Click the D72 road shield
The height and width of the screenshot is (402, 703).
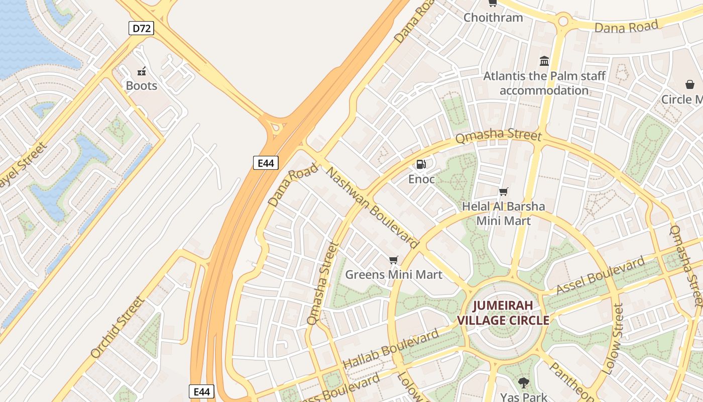(141, 28)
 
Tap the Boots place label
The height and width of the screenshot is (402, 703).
(142, 86)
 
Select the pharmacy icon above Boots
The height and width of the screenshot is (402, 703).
(142, 71)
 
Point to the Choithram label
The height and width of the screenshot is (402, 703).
(493, 18)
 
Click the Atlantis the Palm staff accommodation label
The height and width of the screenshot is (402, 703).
(544, 83)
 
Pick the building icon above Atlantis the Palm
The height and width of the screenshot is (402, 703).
(544, 61)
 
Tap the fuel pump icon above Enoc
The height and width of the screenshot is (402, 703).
(421, 164)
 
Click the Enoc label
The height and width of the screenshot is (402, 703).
(421, 179)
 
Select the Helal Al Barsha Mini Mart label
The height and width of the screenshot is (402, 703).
(503, 214)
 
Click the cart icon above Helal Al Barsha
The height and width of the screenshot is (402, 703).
(503, 191)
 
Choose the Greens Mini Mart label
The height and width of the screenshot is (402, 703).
(394, 275)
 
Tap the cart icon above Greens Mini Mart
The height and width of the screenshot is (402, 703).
(394, 260)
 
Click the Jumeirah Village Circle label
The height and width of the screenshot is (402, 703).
(503, 313)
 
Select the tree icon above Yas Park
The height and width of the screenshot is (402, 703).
(524, 382)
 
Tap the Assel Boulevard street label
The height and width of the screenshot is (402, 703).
(601, 275)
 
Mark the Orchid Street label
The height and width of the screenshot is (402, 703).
(118, 327)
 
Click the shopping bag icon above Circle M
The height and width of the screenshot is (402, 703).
(690, 84)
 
